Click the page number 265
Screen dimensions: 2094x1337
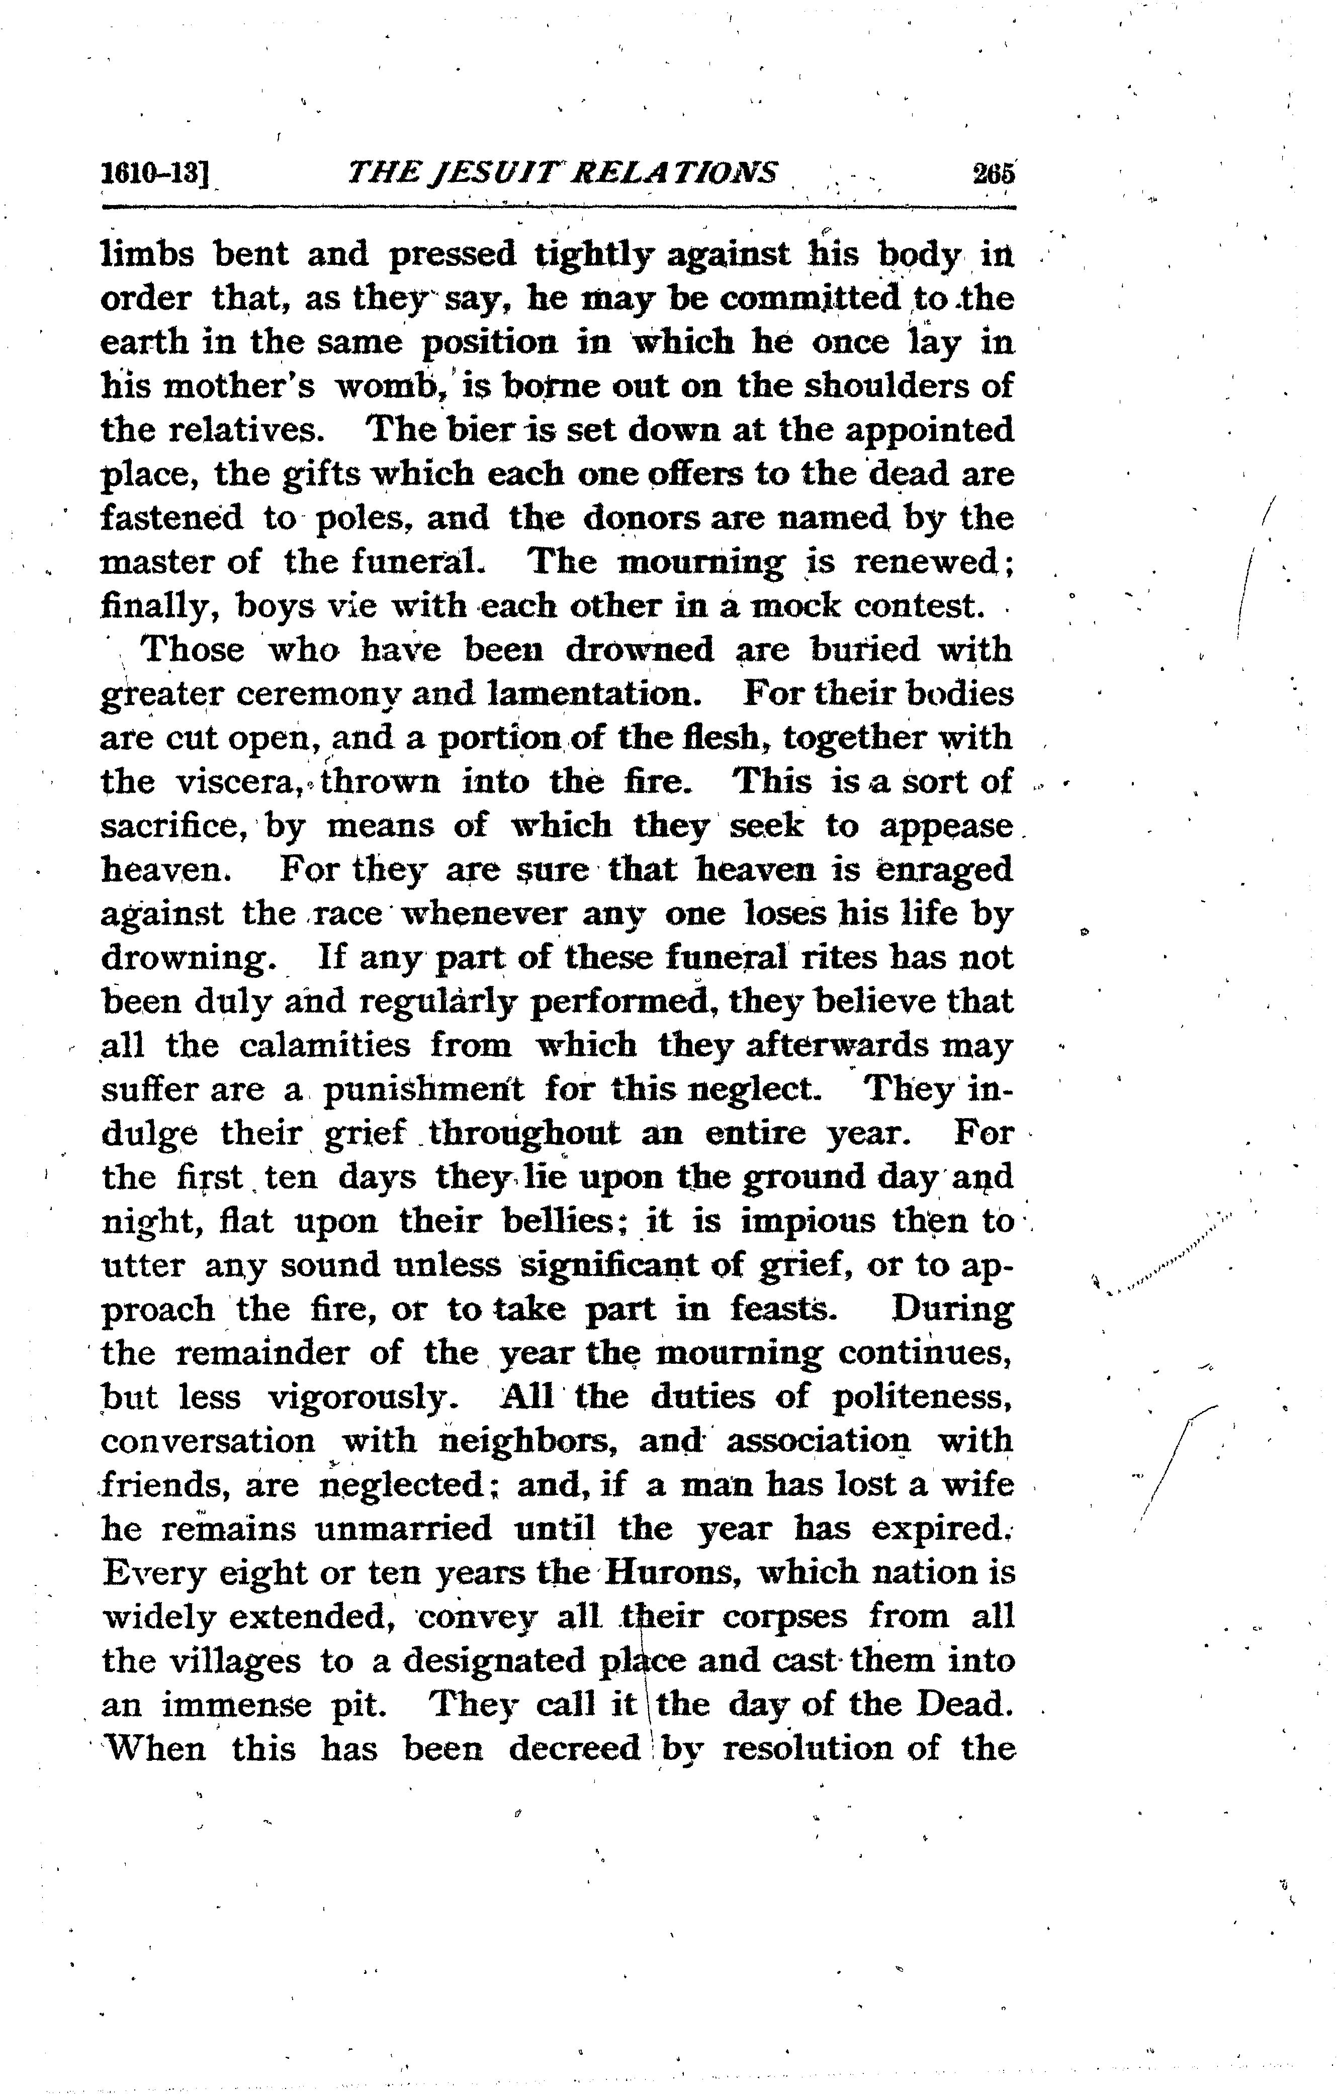pyautogui.click(x=994, y=172)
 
